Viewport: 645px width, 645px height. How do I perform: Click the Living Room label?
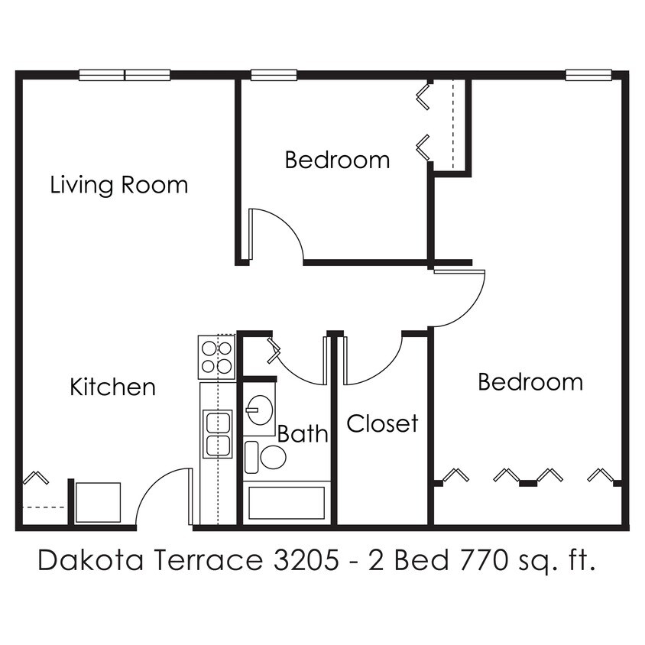pos(118,185)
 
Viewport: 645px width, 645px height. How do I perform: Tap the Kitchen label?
pos(112,387)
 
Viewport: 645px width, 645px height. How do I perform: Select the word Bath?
pos(303,434)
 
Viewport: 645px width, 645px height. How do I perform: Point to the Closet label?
pos(382,423)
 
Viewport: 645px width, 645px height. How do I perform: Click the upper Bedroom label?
pos(337,160)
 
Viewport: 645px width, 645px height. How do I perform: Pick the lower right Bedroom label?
pos(530,381)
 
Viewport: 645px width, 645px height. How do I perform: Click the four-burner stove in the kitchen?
pos(216,357)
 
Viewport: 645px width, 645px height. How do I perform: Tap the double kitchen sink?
pos(217,434)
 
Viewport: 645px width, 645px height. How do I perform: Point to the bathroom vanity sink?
pos(260,410)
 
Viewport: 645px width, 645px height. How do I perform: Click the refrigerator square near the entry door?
pos(98,502)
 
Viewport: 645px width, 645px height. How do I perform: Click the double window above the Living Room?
pos(125,75)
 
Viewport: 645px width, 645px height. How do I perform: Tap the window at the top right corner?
pos(588,75)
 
